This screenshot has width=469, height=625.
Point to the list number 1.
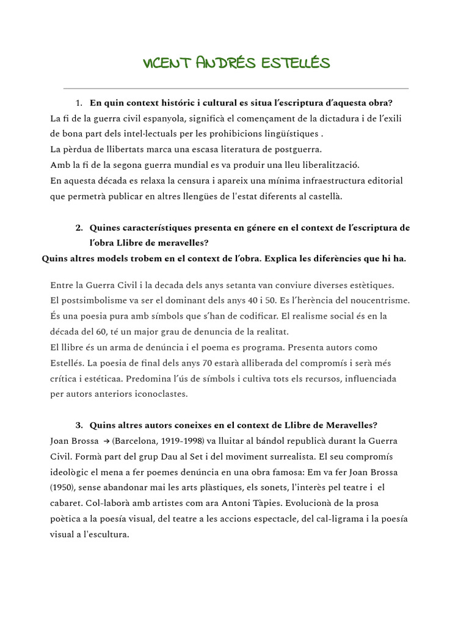(x=79, y=102)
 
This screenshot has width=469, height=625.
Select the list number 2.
(x=79, y=228)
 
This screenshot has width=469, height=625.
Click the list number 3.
(x=79, y=425)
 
